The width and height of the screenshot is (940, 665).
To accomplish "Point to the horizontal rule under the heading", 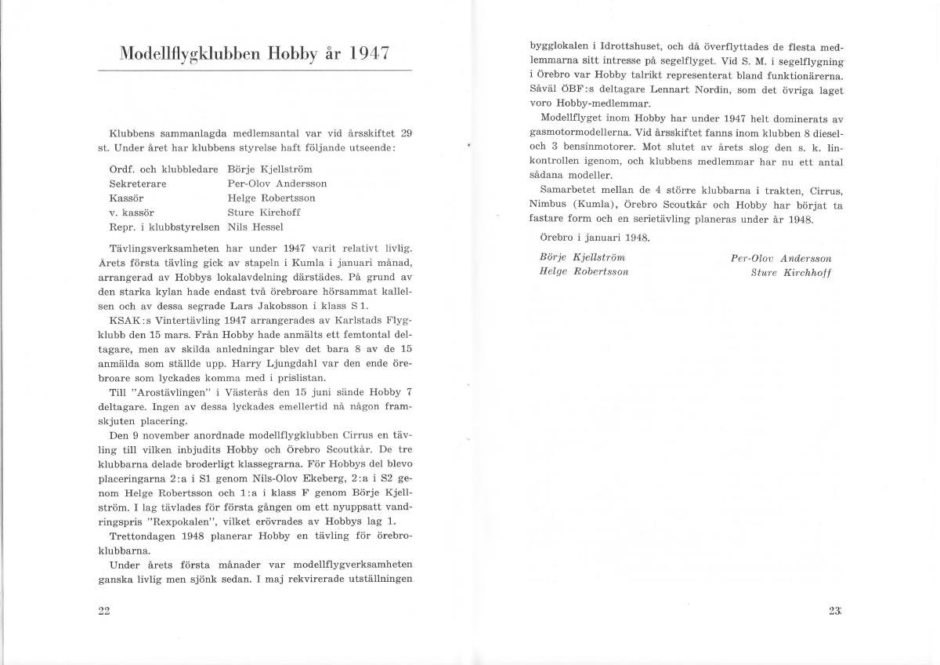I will pyautogui.click(x=254, y=71).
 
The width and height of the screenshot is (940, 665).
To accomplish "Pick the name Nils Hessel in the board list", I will pyautogui.click(x=255, y=227).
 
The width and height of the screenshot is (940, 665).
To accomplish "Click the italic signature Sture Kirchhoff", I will pyautogui.click(x=791, y=272).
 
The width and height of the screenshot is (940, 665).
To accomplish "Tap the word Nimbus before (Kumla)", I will pyautogui.click(x=549, y=205).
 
